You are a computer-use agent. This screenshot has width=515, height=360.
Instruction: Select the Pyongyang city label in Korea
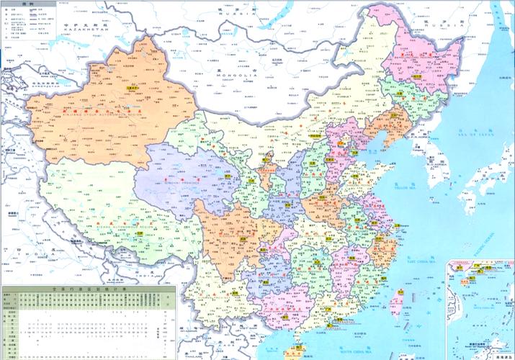tap(416, 150)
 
